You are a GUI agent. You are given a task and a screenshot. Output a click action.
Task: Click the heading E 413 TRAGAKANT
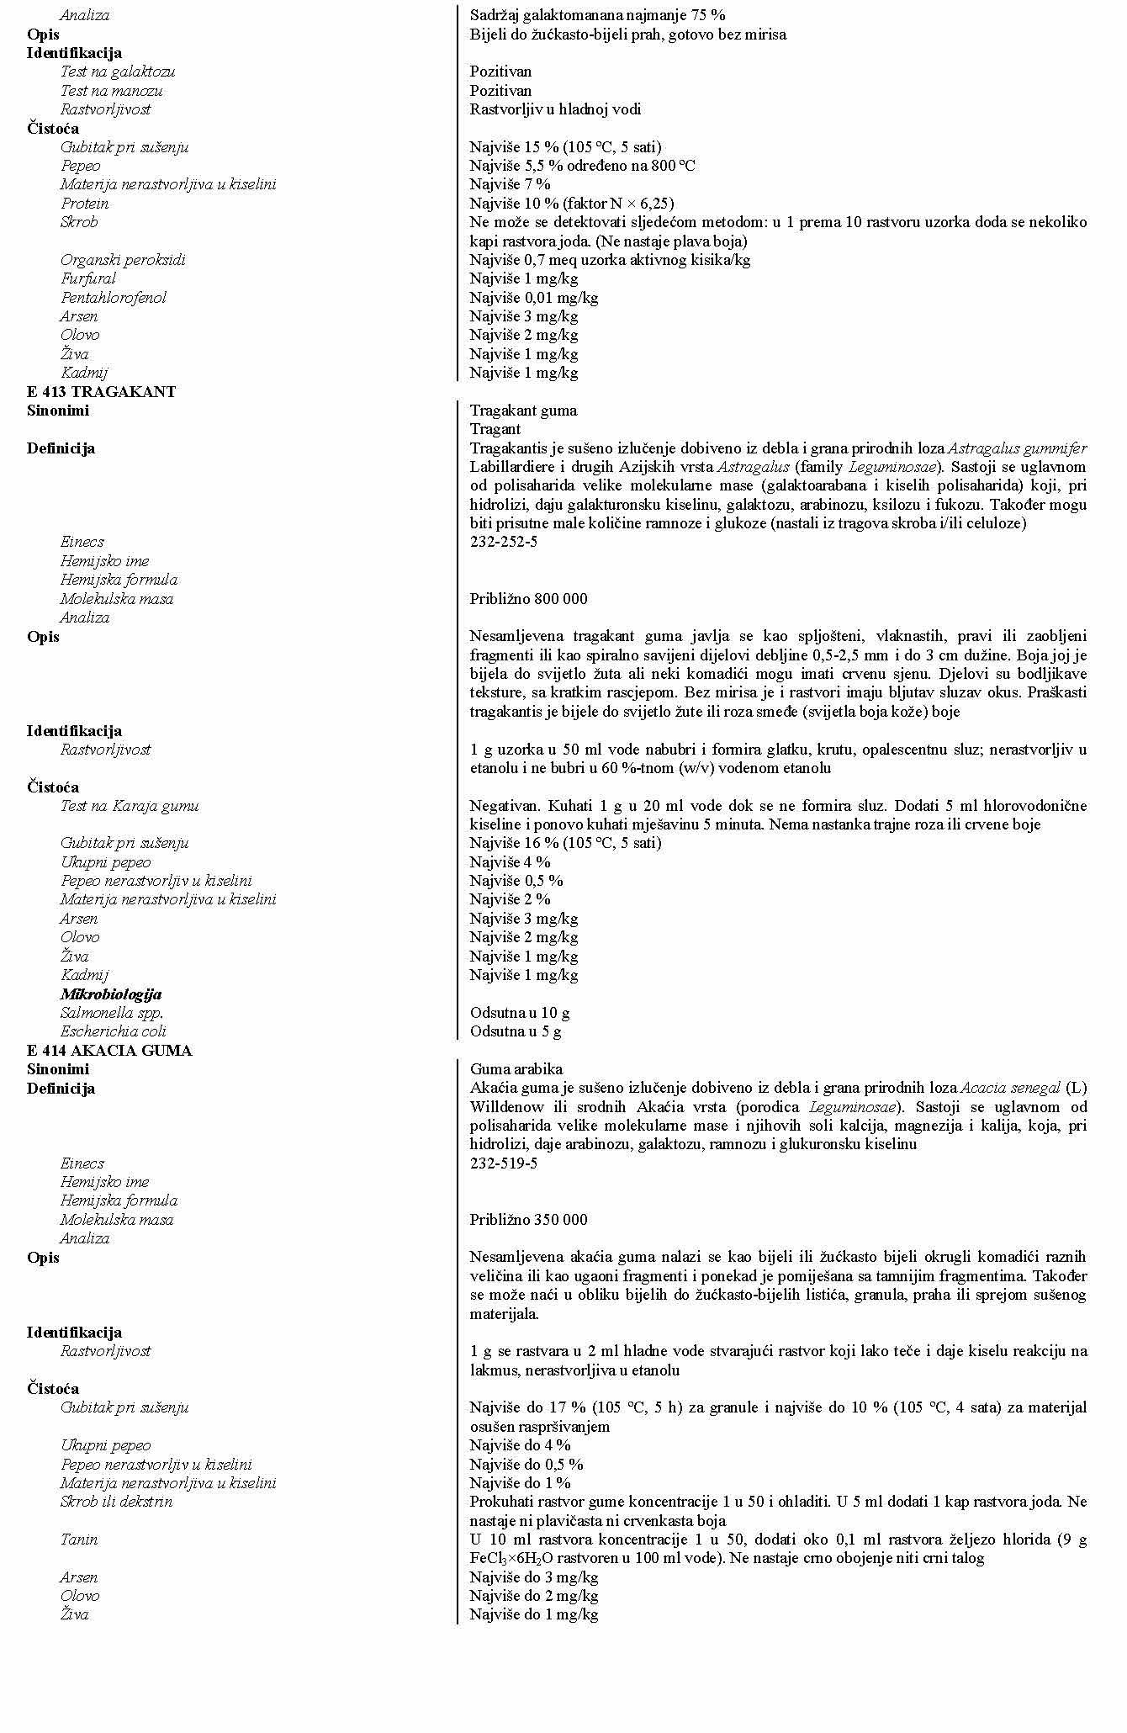(x=101, y=392)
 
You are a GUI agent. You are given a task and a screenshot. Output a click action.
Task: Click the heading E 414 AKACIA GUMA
(x=109, y=1051)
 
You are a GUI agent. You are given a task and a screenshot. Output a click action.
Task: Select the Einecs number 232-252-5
(x=503, y=543)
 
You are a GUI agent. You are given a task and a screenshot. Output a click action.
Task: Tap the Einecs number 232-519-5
(x=503, y=1164)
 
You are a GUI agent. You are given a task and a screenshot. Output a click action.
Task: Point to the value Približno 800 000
(x=528, y=599)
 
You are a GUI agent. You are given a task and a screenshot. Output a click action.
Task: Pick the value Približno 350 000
(x=528, y=1221)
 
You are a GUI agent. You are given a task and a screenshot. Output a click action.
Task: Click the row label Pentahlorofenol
(x=113, y=298)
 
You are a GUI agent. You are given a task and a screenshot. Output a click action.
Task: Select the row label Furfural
(x=87, y=278)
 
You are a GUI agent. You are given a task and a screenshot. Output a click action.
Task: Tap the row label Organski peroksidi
(x=123, y=260)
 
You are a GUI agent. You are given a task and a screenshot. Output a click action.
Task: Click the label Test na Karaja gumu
(x=130, y=806)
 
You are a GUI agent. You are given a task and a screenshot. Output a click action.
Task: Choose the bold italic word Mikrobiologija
(x=110, y=994)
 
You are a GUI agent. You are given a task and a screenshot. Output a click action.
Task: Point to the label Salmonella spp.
(x=111, y=1013)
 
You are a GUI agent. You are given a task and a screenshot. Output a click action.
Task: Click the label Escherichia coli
(x=113, y=1031)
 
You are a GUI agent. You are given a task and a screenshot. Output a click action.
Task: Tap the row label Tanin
(x=78, y=1540)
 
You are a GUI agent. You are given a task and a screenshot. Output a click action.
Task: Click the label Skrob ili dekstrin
(x=116, y=1502)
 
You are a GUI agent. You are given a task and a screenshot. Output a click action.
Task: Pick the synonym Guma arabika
(x=516, y=1070)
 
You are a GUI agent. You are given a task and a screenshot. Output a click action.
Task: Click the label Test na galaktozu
(x=118, y=72)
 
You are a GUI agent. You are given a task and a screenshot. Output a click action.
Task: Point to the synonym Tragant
(x=495, y=430)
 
